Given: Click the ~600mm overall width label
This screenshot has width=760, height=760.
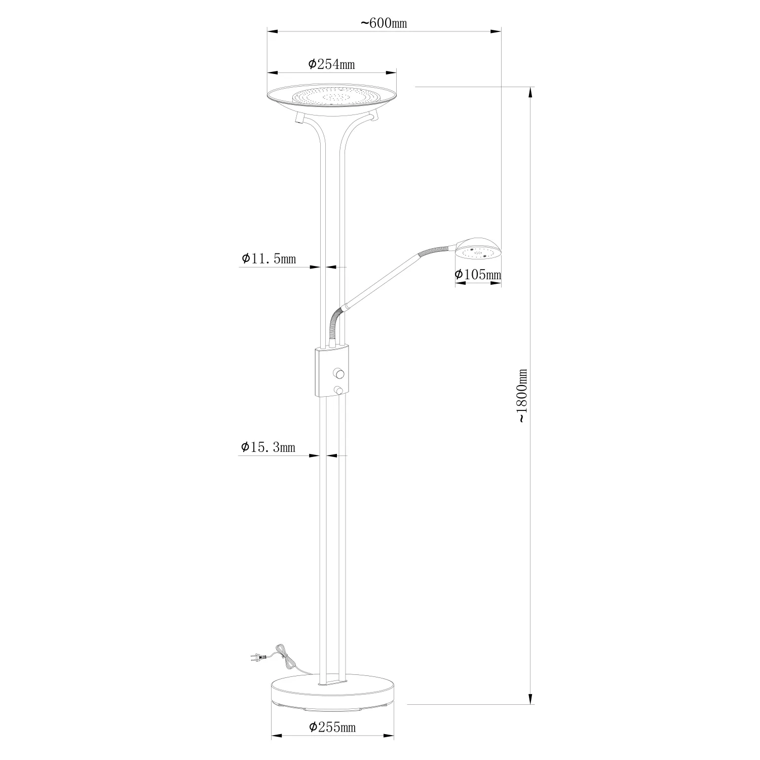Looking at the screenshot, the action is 384,23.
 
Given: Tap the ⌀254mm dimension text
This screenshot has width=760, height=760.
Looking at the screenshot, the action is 331,64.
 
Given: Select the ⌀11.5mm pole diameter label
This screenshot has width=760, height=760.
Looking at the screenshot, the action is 269,259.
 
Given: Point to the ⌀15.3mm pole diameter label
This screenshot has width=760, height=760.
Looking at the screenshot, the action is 268,447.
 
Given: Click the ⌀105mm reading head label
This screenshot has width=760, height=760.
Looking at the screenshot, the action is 478,275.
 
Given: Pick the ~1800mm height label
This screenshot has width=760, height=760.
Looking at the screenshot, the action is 522,396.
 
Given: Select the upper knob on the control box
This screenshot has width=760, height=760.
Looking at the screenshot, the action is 338,374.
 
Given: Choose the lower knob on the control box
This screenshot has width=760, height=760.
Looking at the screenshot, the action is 338,390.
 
